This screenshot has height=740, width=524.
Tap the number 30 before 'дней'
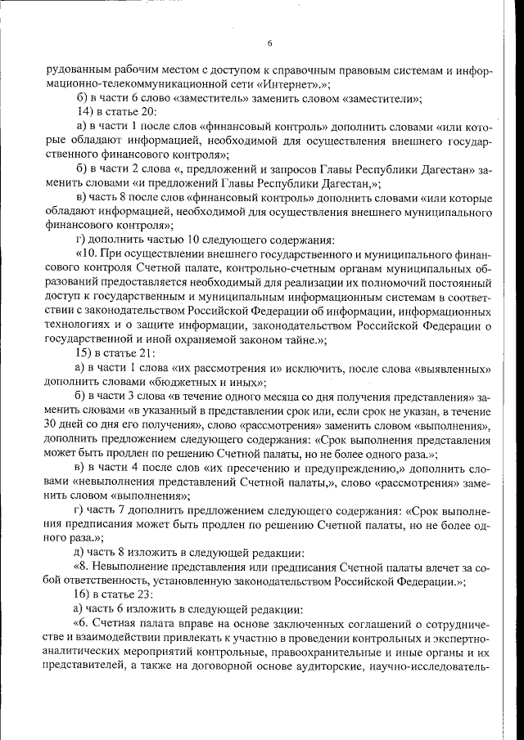point(52,425)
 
